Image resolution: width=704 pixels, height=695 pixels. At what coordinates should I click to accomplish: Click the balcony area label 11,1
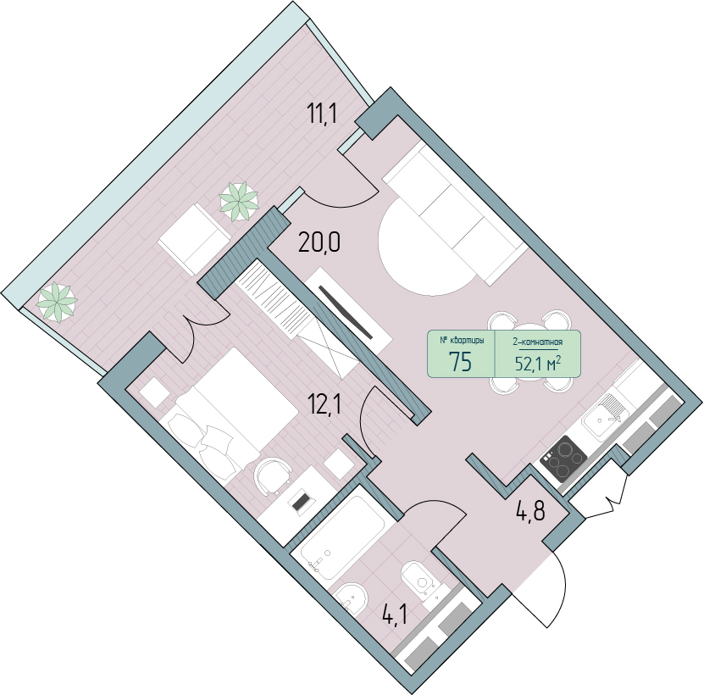click(x=321, y=114)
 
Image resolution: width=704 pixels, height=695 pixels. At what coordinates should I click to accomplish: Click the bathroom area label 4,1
click(x=395, y=614)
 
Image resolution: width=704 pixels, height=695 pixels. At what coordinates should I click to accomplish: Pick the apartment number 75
click(x=460, y=362)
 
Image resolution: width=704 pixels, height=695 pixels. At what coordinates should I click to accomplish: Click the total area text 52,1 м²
click(x=538, y=364)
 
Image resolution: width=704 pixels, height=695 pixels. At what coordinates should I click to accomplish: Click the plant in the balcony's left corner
click(x=57, y=302)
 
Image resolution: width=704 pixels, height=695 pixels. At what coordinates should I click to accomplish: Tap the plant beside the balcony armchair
click(x=238, y=201)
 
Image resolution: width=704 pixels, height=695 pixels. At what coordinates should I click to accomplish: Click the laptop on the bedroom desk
click(x=302, y=502)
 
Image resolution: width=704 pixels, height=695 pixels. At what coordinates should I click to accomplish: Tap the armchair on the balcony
click(x=194, y=239)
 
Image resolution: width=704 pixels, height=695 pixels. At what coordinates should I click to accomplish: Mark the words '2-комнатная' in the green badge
click(x=537, y=342)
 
